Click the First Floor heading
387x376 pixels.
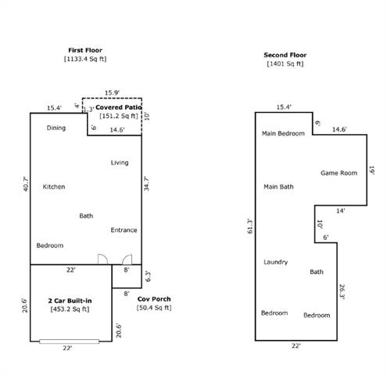pyautogui.click(x=86, y=50)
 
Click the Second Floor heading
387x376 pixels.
pyautogui.click(x=285, y=55)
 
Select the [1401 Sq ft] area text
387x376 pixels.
pyautogui.click(x=285, y=63)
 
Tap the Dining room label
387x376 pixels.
pyautogui.click(x=56, y=128)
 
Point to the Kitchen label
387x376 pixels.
pyautogui.click(x=54, y=186)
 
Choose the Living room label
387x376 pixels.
pyautogui.click(x=120, y=163)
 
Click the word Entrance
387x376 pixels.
pyautogui.click(x=124, y=230)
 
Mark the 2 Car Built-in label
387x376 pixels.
pyautogui.click(x=70, y=301)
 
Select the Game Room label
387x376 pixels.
pyautogui.click(x=339, y=172)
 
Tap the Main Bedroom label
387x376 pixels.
pyautogui.click(x=283, y=134)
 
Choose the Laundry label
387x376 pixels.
pyautogui.click(x=276, y=262)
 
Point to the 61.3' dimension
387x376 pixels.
pyautogui.click(x=249, y=226)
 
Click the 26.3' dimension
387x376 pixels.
pyautogui.click(x=342, y=291)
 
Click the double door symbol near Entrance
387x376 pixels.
pyautogui.click(x=114, y=259)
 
